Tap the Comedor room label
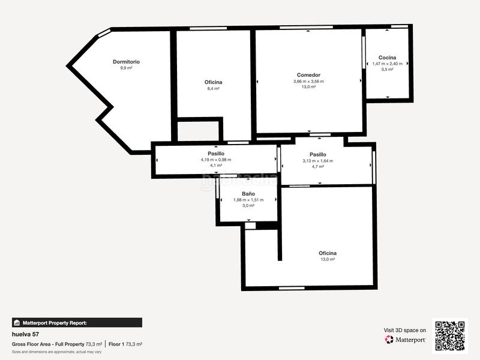[x=308, y=75]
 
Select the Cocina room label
[x=387, y=58]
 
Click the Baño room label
[x=248, y=194]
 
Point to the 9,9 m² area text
[x=126, y=68]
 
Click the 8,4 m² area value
[x=213, y=88]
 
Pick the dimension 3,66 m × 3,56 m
[x=308, y=81]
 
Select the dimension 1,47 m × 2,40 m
[x=387, y=64]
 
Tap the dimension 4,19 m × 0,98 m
[x=216, y=160]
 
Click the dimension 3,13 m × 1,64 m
[x=317, y=160]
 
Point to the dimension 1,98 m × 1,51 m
[x=248, y=200]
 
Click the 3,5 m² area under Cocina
[x=387, y=70]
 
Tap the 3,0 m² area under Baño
[x=248, y=206]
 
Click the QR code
[x=450, y=335]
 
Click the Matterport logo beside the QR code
[x=406, y=340]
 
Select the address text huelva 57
[x=25, y=334]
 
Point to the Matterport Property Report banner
[x=77, y=322]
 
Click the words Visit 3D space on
[x=405, y=330]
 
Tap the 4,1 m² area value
[x=216, y=166]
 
